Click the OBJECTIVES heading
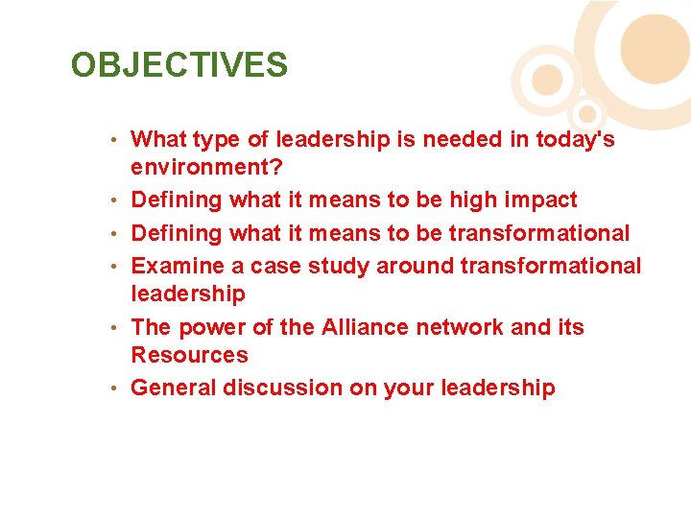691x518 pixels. tap(179, 65)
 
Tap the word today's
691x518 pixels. tap(575, 140)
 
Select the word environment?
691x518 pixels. tap(206, 169)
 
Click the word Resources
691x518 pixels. tap(189, 355)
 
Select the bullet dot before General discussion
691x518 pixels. tap(113, 388)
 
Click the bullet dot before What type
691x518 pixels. tap(113, 140)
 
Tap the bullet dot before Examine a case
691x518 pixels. tap(113, 266)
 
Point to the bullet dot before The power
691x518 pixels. tap(113, 327)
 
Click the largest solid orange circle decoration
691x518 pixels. tap(655, 48)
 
